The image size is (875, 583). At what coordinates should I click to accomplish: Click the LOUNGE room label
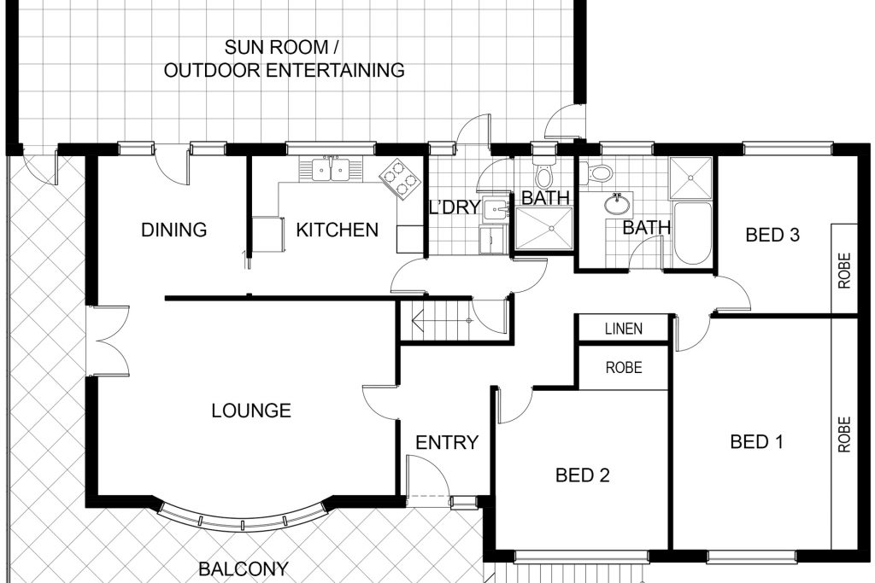tap(251, 411)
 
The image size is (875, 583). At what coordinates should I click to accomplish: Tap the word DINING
tap(174, 230)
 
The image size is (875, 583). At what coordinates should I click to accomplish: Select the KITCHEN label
tap(337, 230)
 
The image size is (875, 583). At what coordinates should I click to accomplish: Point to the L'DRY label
tap(455, 207)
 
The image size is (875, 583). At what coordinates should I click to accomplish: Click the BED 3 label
tap(772, 236)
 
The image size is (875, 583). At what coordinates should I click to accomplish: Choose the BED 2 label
tap(583, 475)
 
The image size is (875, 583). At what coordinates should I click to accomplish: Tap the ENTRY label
tap(447, 442)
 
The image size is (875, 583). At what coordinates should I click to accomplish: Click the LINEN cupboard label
tap(624, 329)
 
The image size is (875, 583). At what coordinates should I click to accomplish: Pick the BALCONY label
tap(244, 569)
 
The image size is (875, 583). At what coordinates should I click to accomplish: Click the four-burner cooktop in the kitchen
tap(400, 179)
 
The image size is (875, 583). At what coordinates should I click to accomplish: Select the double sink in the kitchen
tap(331, 170)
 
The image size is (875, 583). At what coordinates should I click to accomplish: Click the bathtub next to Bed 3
tap(692, 234)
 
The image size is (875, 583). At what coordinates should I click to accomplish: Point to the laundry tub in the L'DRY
tap(495, 210)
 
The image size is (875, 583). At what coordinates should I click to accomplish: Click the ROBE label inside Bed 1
tap(844, 434)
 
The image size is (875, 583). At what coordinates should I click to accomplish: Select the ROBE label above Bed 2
tap(624, 368)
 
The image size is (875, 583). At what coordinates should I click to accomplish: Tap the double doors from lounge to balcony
tap(109, 341)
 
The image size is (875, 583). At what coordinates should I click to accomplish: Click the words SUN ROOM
tap(276, 48)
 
